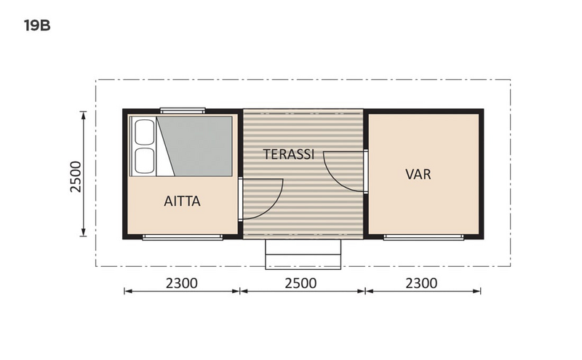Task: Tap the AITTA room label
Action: (182, 201)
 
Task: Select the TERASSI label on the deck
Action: (289, 154)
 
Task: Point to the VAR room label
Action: (418, 175)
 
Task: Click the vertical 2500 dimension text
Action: (76, 175)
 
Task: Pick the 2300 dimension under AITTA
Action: (182, 283)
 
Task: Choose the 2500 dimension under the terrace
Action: (300, 283)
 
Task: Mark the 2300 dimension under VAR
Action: (421, 283)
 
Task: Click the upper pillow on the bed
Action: (144, 132)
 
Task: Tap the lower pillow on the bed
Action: (144, 160)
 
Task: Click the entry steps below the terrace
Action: (303, 252)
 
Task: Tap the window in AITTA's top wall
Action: (183, 111)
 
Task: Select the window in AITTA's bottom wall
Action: (183, 237)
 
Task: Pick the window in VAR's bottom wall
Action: (423, 237)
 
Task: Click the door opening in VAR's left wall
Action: (366, 171)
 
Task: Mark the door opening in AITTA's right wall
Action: (241, 198)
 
